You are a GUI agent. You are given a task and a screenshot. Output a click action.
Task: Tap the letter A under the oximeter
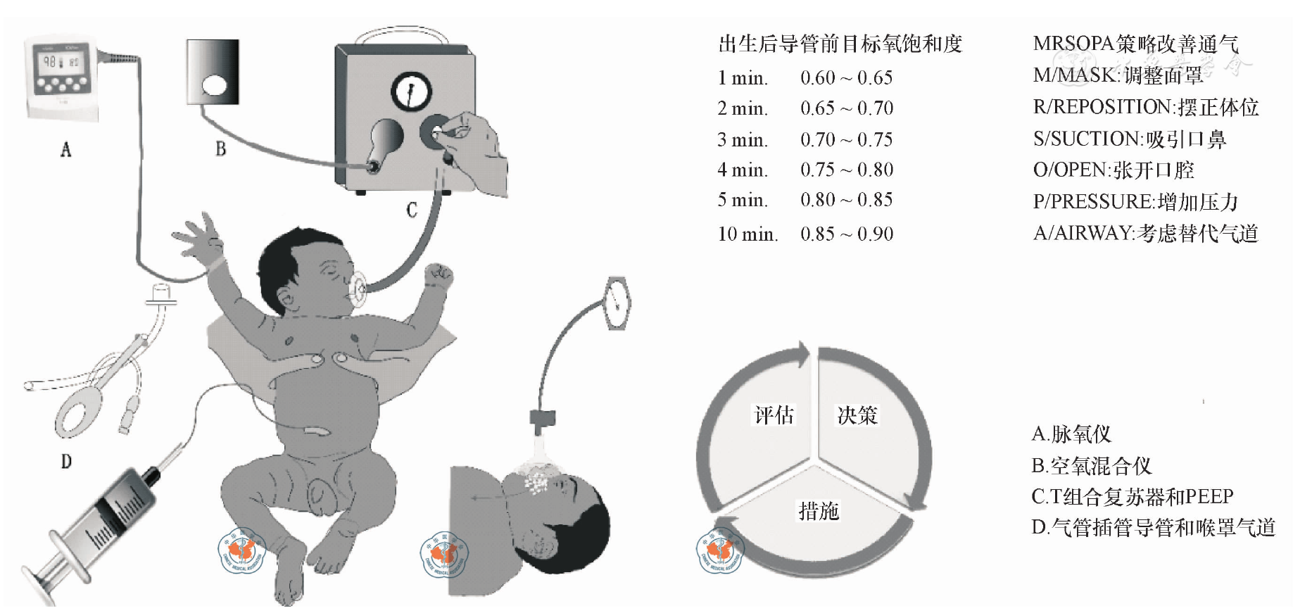click(x=66, y=149)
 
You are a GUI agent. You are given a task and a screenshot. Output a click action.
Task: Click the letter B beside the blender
click(x=220, y=148)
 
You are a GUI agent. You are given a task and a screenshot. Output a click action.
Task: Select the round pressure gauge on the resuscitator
click(x=411, y=91)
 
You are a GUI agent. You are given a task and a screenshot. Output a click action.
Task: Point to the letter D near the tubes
click(x=66, y=462)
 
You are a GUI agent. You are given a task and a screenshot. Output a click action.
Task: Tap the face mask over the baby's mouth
click(x=358, y=289)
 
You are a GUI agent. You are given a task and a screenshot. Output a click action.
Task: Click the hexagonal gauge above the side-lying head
click(x=617, y=303)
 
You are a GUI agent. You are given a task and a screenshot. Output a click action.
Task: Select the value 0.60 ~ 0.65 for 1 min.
click(x=846, y=77)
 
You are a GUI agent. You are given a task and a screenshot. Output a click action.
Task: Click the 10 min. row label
click(x=748, y=234)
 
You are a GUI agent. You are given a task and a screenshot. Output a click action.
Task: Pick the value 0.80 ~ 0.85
click(x=846, y=200)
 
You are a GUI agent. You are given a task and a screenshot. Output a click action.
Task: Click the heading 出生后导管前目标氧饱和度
click(x=840, y=44)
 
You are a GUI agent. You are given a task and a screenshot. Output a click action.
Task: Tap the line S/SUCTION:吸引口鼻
click(x=1129, y=139)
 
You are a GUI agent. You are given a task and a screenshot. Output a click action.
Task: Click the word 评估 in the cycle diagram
click(x=774, y=415)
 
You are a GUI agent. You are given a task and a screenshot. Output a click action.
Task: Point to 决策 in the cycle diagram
click(x=857, y=415)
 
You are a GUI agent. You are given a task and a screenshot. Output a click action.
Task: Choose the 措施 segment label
click(x=818, y=511)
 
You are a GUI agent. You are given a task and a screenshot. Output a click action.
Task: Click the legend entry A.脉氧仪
click(x=1071, y=434)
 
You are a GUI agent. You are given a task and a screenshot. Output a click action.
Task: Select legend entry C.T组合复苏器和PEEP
click(x=1132, y=496)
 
